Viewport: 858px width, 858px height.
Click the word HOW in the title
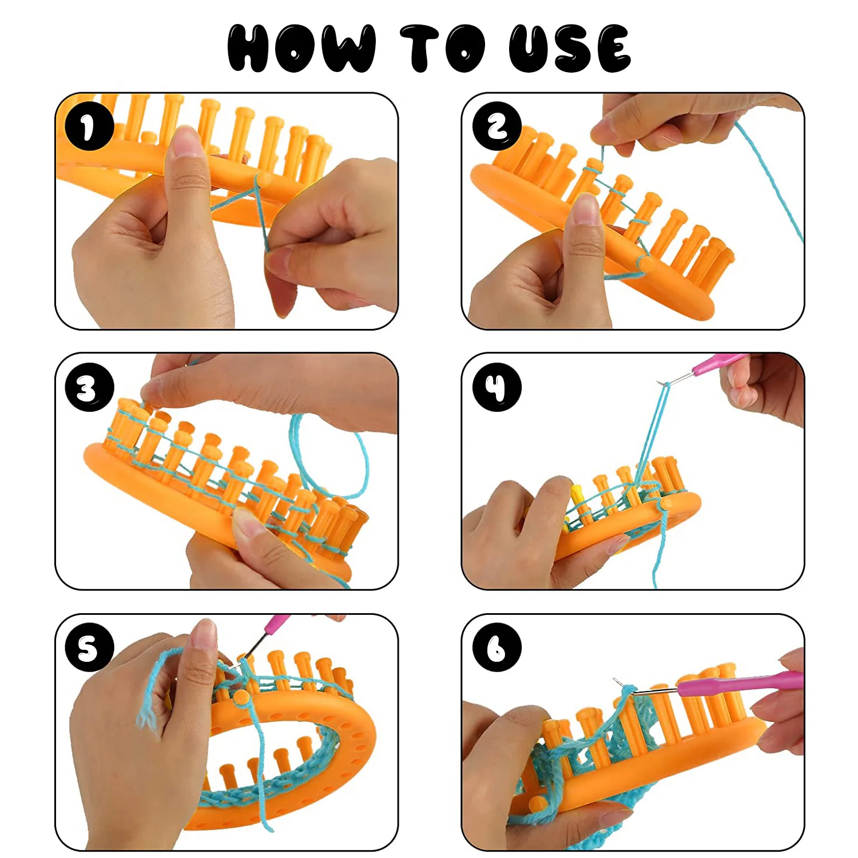301,48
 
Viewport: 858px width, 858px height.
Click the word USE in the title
570,48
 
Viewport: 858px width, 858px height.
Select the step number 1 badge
89,126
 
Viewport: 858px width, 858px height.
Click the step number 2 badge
496,126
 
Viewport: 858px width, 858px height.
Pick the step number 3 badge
89,387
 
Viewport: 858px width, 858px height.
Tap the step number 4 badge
496,387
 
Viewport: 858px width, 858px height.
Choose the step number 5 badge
89,648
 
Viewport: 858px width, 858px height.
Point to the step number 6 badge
496,648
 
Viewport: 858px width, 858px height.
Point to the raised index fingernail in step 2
585,209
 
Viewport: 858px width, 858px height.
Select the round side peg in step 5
241,697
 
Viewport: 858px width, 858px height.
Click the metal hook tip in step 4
664,384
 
